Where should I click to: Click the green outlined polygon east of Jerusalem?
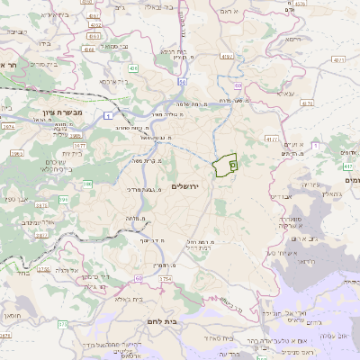[225, 165]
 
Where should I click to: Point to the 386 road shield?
[88, 184]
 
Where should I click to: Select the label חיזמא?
[292, 40]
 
